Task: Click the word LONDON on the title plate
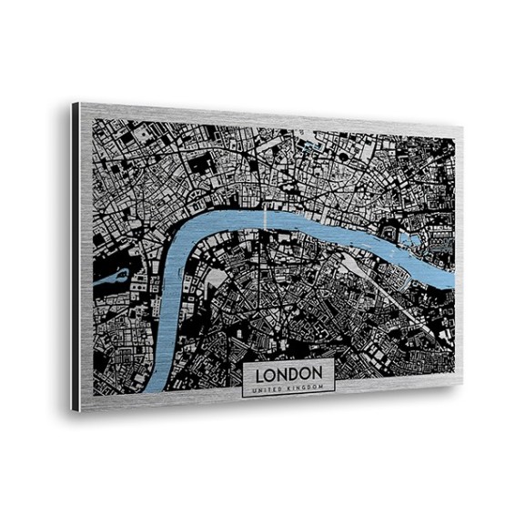[288, 374]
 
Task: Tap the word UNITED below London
[269, 389]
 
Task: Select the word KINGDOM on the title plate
[305, 388]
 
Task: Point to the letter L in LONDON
[260, 374]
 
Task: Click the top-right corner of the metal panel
[463, 128]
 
